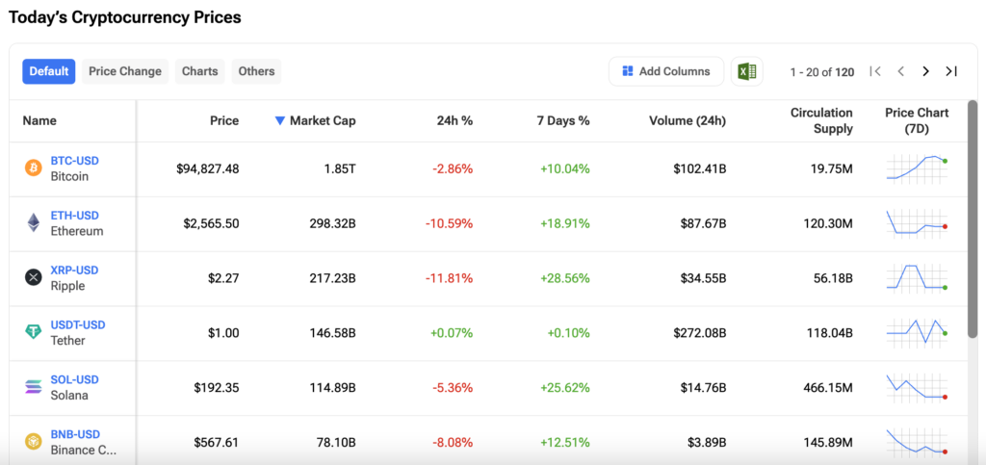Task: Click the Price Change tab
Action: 125,71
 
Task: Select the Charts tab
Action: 200,71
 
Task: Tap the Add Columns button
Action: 666,71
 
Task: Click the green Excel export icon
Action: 747,71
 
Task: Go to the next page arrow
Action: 925,71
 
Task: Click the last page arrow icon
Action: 951,71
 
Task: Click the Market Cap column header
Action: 316,120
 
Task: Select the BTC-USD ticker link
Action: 75,160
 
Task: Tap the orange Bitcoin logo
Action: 33,168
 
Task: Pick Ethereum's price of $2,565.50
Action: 211,223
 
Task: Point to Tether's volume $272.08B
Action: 700,333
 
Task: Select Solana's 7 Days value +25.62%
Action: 564,388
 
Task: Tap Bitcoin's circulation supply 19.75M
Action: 830,169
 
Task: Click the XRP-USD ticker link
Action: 75,270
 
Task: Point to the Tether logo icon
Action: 33,332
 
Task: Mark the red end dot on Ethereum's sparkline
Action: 946,226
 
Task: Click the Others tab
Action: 256,71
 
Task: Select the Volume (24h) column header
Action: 688,120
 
